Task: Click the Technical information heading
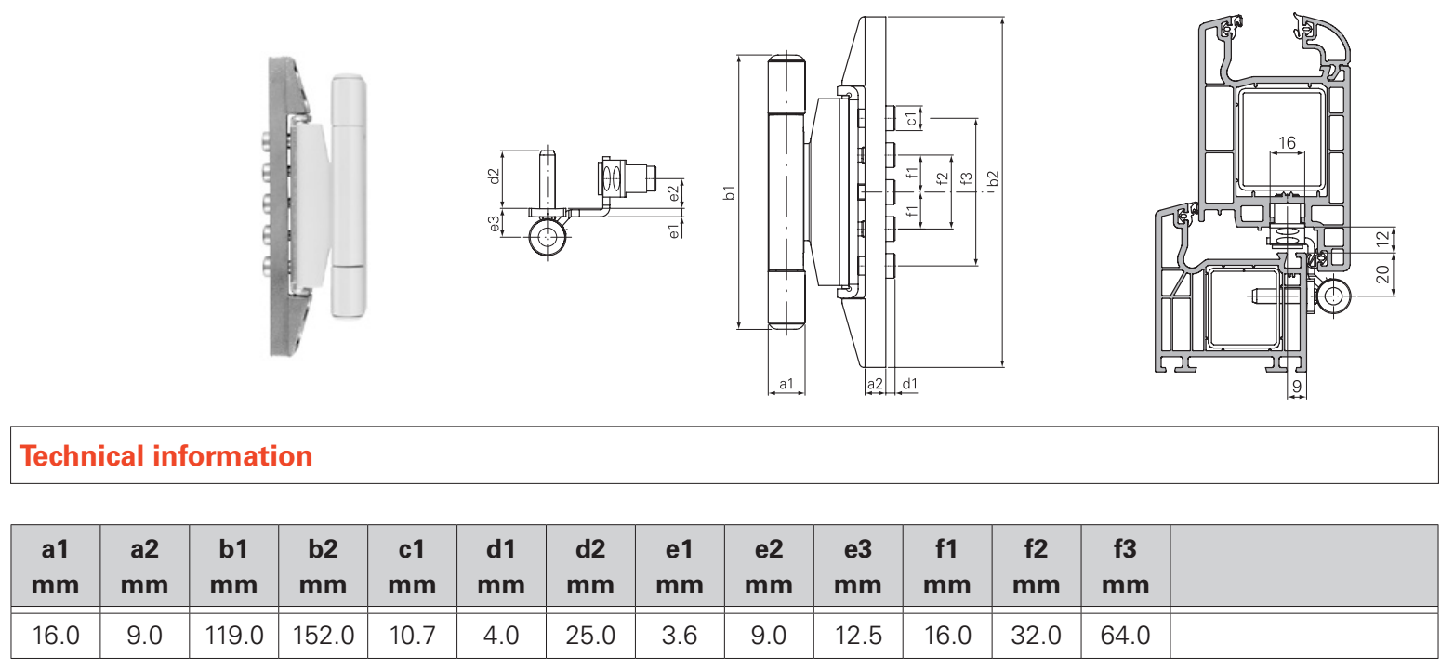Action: pyautogui.click(x=166, y=456)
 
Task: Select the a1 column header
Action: pyautogui.click(x=56, y=566)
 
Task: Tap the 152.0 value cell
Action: pyautogui.click(x=324, y=636)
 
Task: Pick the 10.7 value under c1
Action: pyautogui.click(x=412, y=636)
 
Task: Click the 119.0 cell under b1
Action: pyautogui.click(x=233, y=636)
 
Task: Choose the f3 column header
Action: pyautogui.click(x=1125, y=566)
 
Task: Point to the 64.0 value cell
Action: pyautogui.click(x=1125, y=636)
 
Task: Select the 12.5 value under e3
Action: pyautogui.click(x=857, y=636)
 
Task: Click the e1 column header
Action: pyautogui.click(x=680, y=566)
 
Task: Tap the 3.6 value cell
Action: pyautogui.click(x=680, y=636)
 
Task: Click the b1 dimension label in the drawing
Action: pyautogui.click(x=730, y=193)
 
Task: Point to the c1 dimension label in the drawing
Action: pyautogui.click(x=912, y=118)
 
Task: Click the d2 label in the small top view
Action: pyautogui.click(x=494, y=173)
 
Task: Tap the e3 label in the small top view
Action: pyautogui.click(x=494, y=224)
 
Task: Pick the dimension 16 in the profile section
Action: pyautogui.click(x=1287, y=143)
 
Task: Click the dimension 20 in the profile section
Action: pyautogui.click(x=1382, y=274)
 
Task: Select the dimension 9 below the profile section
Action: pyautogui.click(x=1297, y=384)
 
